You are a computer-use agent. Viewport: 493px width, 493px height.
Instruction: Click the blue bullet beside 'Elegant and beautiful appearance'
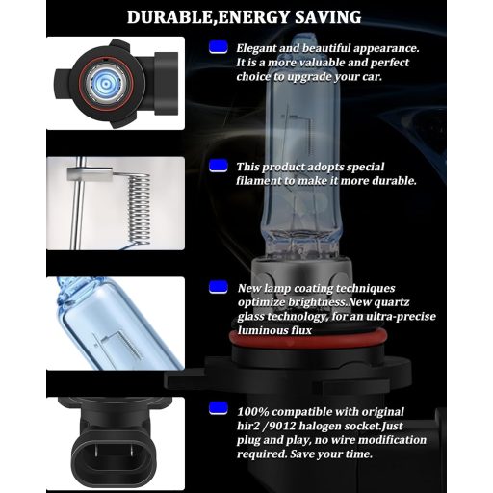click(x=218, y=45)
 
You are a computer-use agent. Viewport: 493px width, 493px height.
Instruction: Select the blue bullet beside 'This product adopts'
click(x=218, y=166)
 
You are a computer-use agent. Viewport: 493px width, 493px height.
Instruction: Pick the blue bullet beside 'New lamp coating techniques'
click(x=218, y=287)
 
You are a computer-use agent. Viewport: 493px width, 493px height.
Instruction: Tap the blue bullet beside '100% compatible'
click(x=218, y=409)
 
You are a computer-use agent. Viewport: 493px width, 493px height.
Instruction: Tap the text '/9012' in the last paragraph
click(x=279, y=425)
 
